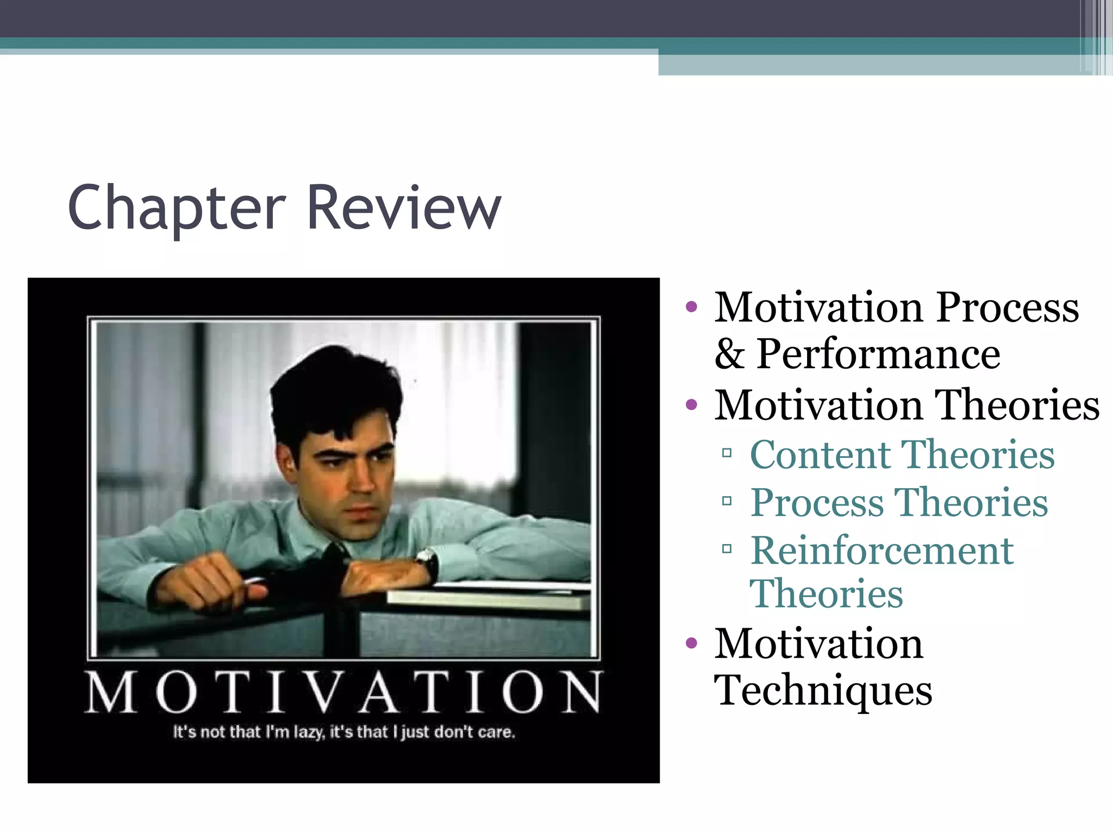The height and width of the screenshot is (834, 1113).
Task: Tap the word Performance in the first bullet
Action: tap(878, 354)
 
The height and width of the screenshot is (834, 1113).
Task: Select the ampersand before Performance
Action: tap(729, 354)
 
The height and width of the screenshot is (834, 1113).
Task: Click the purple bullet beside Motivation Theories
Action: tap(691, 405)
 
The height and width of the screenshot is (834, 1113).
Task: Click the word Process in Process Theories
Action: tap(818, 502)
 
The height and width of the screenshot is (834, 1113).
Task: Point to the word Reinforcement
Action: tap(881, 551)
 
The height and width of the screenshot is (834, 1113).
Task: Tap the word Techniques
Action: tap(823, 690)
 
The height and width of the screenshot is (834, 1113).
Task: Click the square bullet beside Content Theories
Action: tap(727, 452)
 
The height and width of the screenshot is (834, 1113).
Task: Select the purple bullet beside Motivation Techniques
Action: tap(691, 643)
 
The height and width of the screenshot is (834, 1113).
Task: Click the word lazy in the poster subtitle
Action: tap(308, 732)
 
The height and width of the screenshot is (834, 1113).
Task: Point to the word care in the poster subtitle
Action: tap(496, 732)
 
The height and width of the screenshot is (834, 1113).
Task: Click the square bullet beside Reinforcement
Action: tap(727, 549)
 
